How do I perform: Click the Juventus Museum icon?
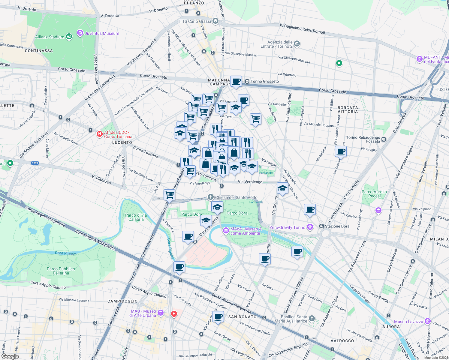(x=80, y=33)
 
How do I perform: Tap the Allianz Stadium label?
(x=50, y=37)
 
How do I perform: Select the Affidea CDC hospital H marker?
(x=100, y=134)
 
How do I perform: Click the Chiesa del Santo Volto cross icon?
(x=211, y=197)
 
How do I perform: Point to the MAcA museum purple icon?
(x=226, y=231)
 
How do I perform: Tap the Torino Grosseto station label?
(x=264, y=81)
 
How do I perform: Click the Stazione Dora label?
(x=337, y=226)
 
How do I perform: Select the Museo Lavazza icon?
(x=428, y=322)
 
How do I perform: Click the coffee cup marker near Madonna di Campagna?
(x=236, y=81)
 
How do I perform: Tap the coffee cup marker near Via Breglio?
(x=341, y=151)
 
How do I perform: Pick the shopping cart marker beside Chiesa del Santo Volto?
(x=169, y=195)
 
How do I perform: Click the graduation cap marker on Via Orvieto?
(x=282, y=188)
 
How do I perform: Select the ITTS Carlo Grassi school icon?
(x=215, y=21)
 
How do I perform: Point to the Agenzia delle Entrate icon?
(x=297, y=44)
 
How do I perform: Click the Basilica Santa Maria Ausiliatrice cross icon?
(x=312, y=318)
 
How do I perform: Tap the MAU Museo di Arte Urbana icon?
(x=161, y=313)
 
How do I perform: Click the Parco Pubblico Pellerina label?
(x=61, y=271)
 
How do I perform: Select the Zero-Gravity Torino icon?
(x=310, y=227)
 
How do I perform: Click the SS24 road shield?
(x=35, y=163)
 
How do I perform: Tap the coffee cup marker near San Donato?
(x=218, y=316)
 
